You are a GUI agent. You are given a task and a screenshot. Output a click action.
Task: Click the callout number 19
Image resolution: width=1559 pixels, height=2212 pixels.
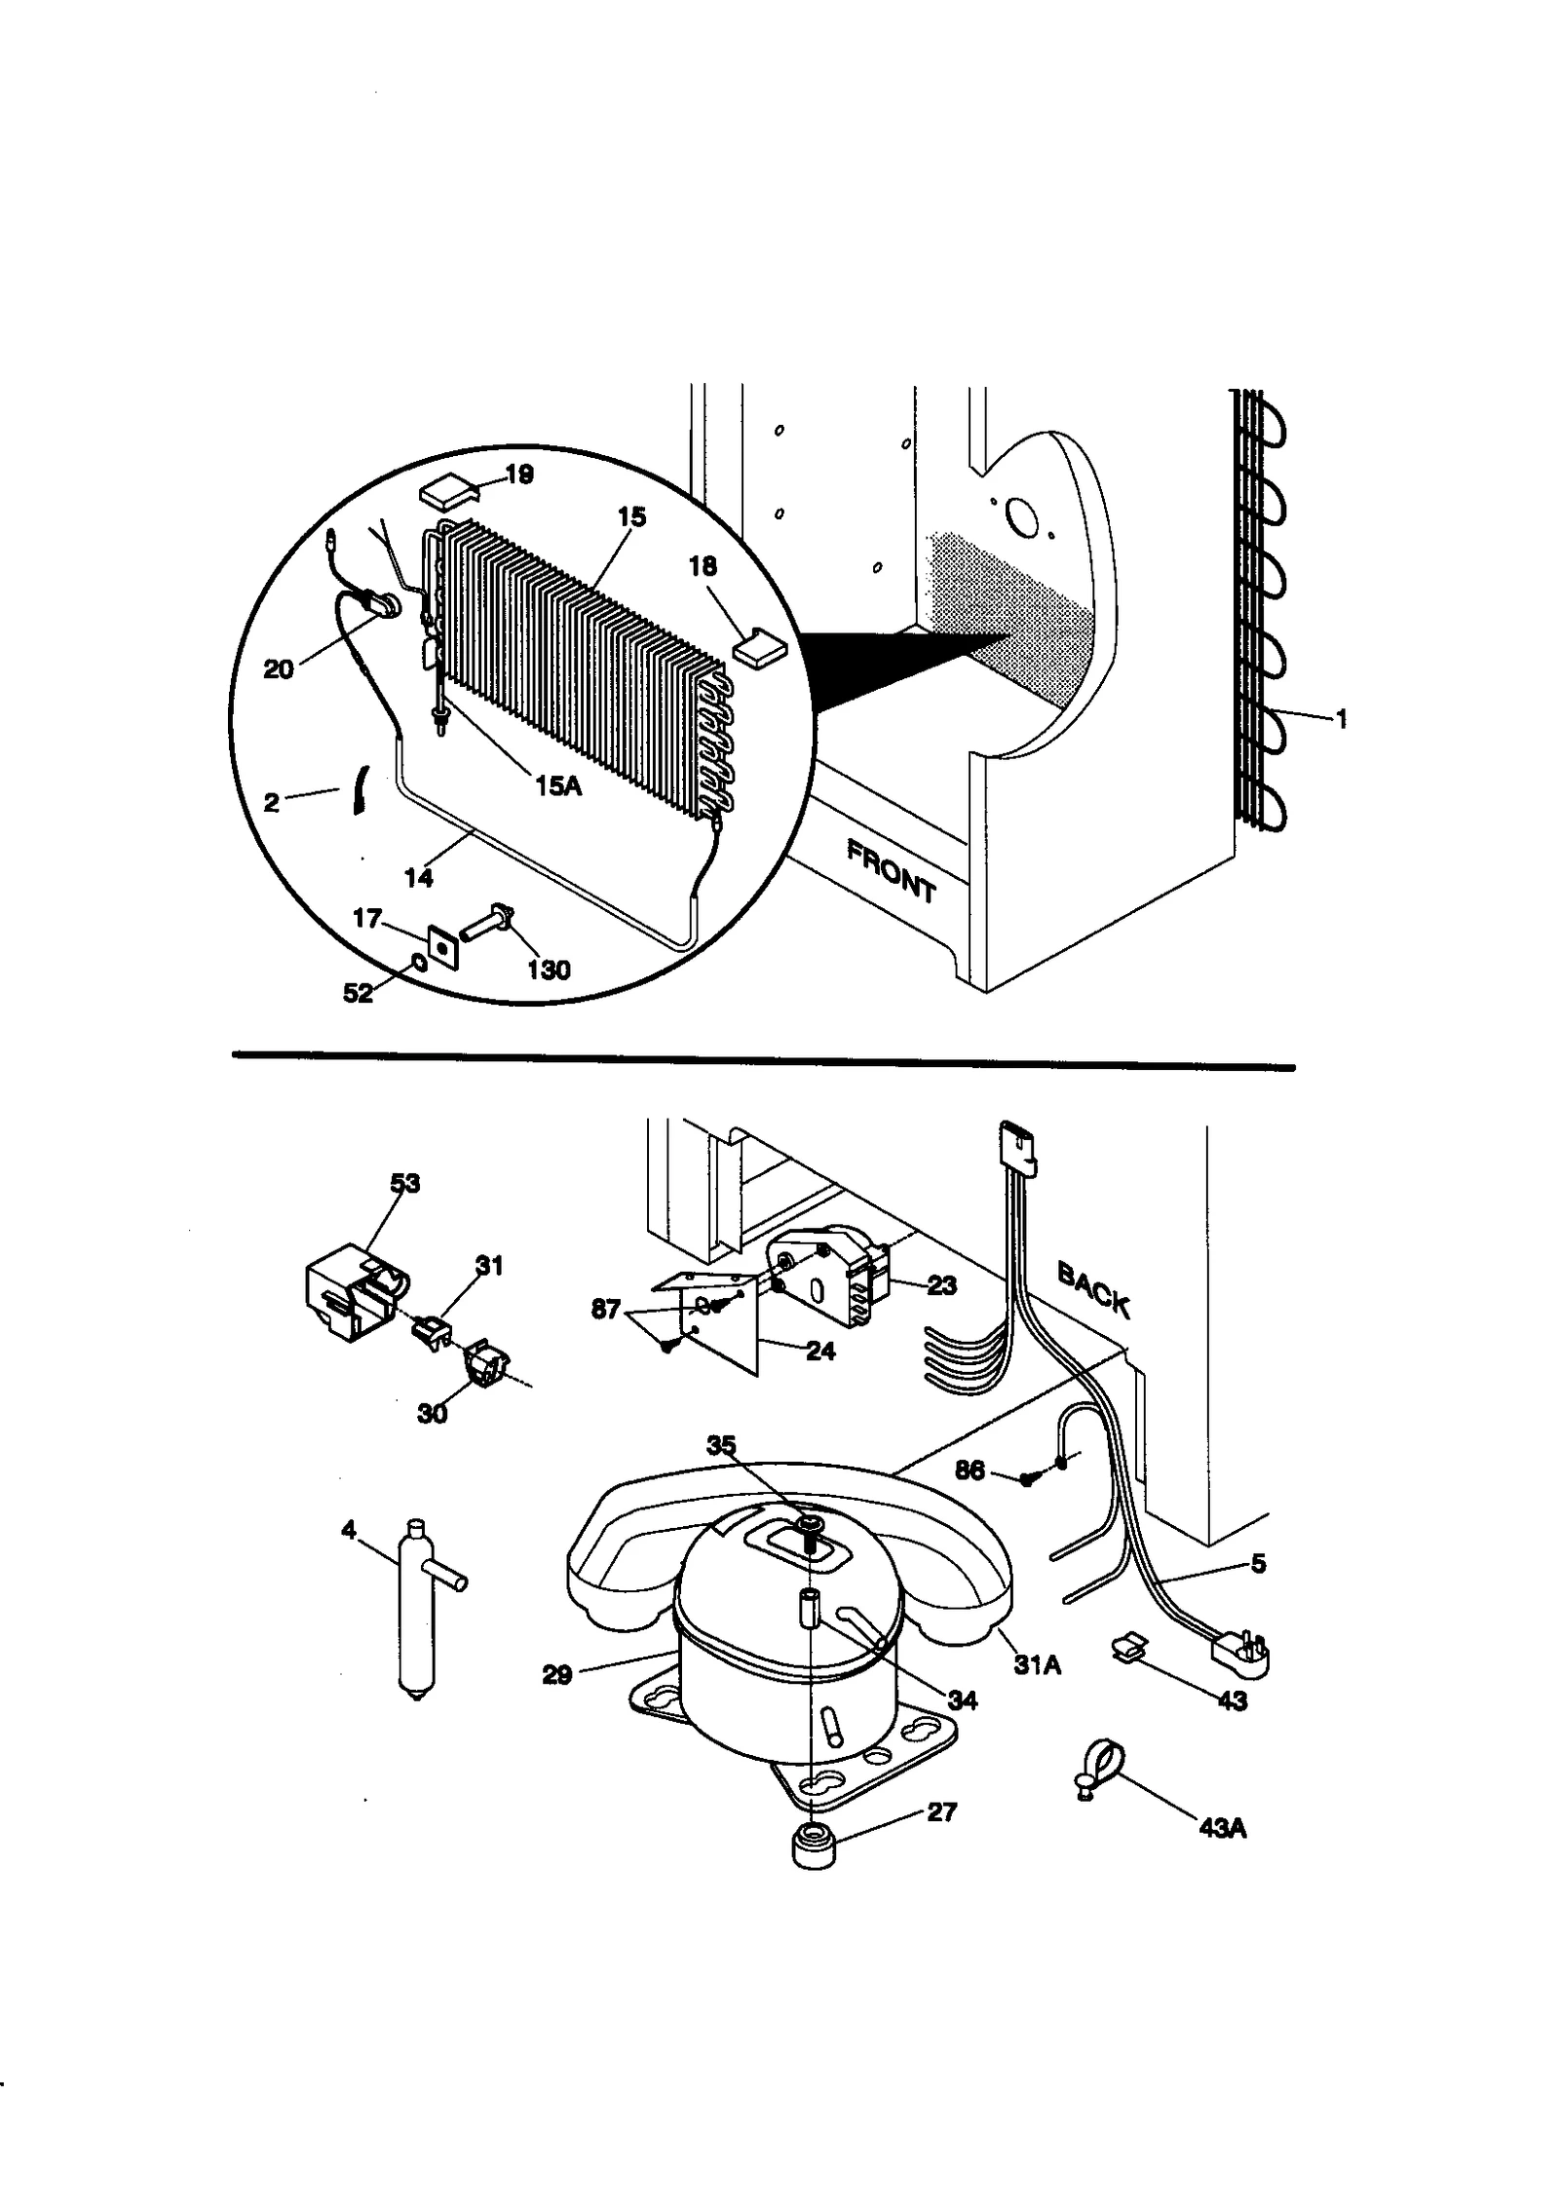[519, 475]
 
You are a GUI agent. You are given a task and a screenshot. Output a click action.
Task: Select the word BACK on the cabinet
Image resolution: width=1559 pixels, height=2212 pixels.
[1093, 1290]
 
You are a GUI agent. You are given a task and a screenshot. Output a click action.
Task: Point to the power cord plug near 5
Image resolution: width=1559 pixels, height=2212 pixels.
[1240, 1652]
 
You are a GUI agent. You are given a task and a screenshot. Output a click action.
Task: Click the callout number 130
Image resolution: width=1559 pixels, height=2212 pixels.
[548, 970]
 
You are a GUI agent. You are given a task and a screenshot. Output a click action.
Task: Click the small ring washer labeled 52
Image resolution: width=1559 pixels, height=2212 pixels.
[419, 964]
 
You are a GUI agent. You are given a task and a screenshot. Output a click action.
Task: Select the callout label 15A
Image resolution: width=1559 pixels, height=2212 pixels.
[557, 785]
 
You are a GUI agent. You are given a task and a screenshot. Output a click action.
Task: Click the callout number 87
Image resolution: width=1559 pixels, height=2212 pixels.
[605, 1309]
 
